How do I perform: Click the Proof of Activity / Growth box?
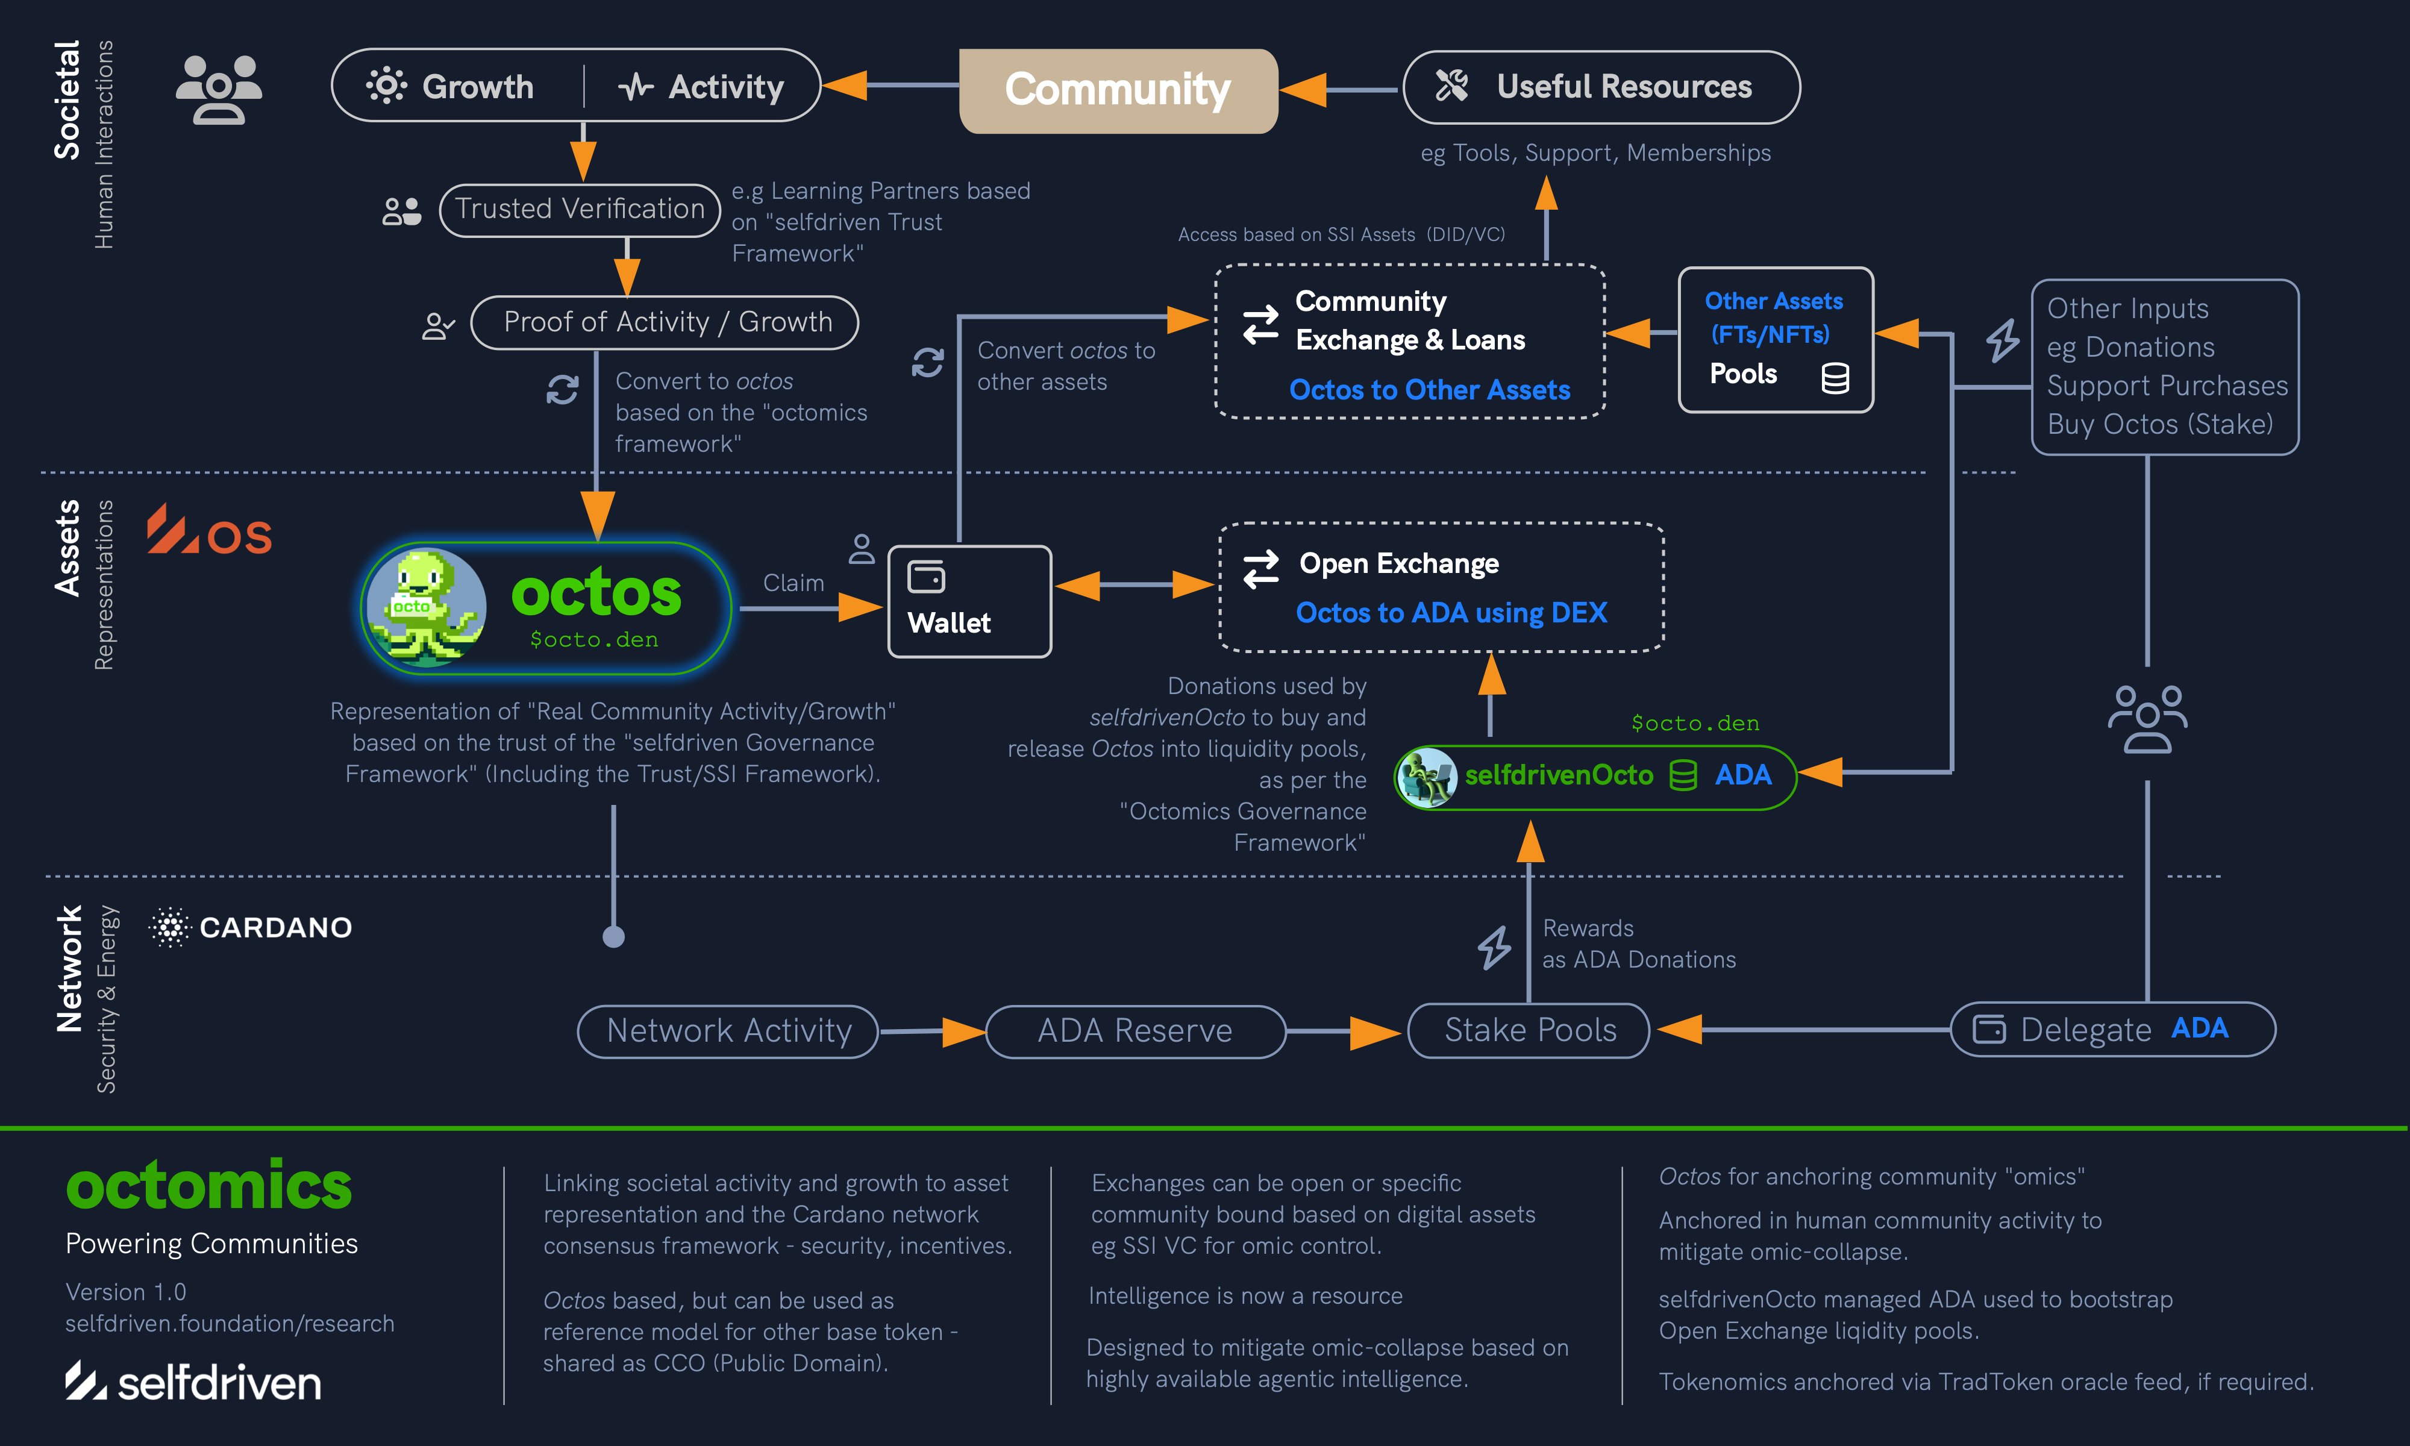[x=665, y=322]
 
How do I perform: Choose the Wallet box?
[x=969, y=601]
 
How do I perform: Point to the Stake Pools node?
[x=1529, y=1030]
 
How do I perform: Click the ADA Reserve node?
[x=1135, y=1031]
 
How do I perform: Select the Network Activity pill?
[x=728, y=1031]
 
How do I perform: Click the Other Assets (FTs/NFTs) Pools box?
[x=1775, y=339]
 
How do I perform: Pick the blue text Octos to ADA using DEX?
[x=1450, y=613]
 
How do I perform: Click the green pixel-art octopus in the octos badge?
[x=426, y=607]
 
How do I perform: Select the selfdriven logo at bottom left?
[x=193, y=1382]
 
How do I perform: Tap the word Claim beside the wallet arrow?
[x=793, y=583]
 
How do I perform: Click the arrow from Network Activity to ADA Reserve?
[x=930, y=1031]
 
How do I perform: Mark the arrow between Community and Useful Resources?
[x=1339, y=90]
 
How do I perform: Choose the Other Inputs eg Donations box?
[x=2165, y=366]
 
